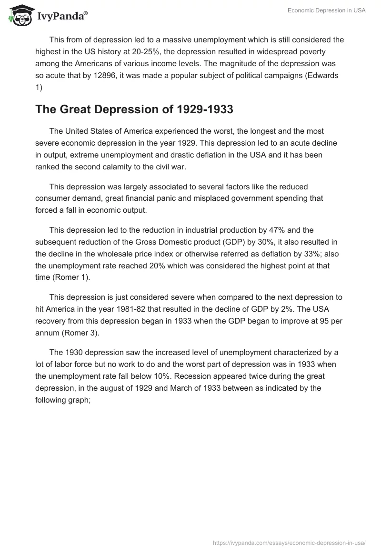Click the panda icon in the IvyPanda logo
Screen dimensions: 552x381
pyautogui.click(x=19, y=15)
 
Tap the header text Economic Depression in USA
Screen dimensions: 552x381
pyautogui.click(x=327, y=10)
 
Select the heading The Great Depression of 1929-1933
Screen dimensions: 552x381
pyautogui.click(x=134, y=109)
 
